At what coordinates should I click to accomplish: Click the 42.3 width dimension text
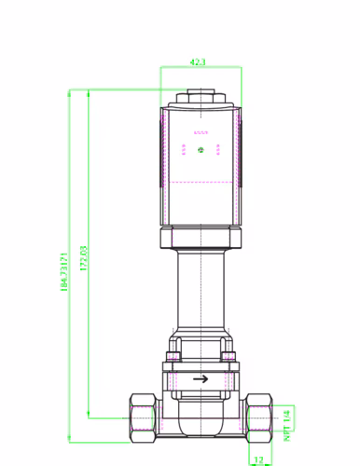coord(198,62)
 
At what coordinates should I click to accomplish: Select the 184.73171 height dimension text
coord(63,272)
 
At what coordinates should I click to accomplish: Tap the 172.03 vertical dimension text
coord(84,258)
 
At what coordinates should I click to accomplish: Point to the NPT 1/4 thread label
coord(287,425)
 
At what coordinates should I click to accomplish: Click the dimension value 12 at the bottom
coord(258,459)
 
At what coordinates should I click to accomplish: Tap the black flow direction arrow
coord(201,379)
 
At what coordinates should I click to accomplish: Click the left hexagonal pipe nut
coord(143,418)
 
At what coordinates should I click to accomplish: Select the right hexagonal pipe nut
coord(259,418)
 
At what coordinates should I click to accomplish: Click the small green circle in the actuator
coord(201,150)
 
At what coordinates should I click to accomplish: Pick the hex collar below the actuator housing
coord(201,238)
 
